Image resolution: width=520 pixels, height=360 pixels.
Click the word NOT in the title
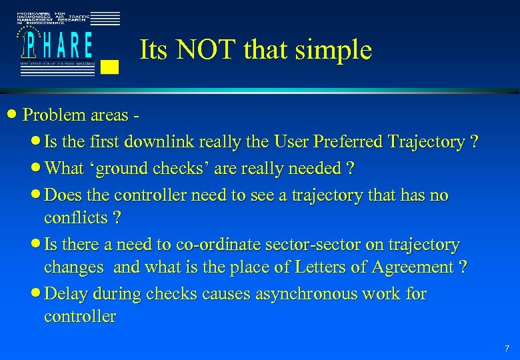pos(207,50)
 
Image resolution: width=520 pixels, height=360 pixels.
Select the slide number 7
pos(507,348)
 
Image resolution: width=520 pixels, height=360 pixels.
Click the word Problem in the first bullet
pos(54,115)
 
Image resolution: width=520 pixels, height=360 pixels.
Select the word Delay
pos(67,294)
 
